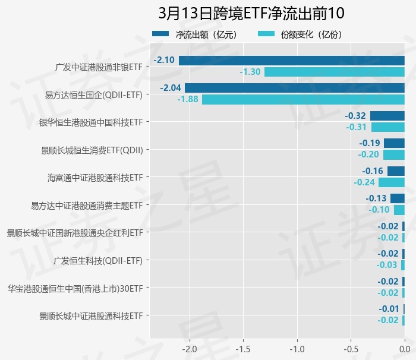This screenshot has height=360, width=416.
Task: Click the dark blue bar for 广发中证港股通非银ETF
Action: point(291,60)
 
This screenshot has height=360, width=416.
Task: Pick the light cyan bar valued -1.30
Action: point(334,72)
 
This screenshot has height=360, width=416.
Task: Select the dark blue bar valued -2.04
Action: point(294,88)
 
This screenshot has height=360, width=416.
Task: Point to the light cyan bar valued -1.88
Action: point(303,99)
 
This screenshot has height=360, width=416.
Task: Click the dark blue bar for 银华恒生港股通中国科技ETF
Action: point(387,116)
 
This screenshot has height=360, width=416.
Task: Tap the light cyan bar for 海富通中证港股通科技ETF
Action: point(391,182)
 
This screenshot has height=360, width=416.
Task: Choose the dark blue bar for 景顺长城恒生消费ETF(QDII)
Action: point(394,143)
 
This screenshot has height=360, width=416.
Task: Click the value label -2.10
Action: point(163,60)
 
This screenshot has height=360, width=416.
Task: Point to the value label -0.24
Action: point(364,182)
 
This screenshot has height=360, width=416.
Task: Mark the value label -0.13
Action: point(376,198)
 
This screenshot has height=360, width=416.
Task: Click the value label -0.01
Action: point(389,309)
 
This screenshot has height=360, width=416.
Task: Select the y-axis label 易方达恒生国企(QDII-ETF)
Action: point(94,94)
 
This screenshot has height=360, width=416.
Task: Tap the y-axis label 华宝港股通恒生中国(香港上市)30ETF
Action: point(75,288)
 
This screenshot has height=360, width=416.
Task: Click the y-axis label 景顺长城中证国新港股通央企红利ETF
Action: point(74,232)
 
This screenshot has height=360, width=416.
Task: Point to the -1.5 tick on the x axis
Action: point(243,348)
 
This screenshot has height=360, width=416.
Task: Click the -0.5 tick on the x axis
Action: point(351,348)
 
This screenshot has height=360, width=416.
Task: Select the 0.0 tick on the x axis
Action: point(404,348)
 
